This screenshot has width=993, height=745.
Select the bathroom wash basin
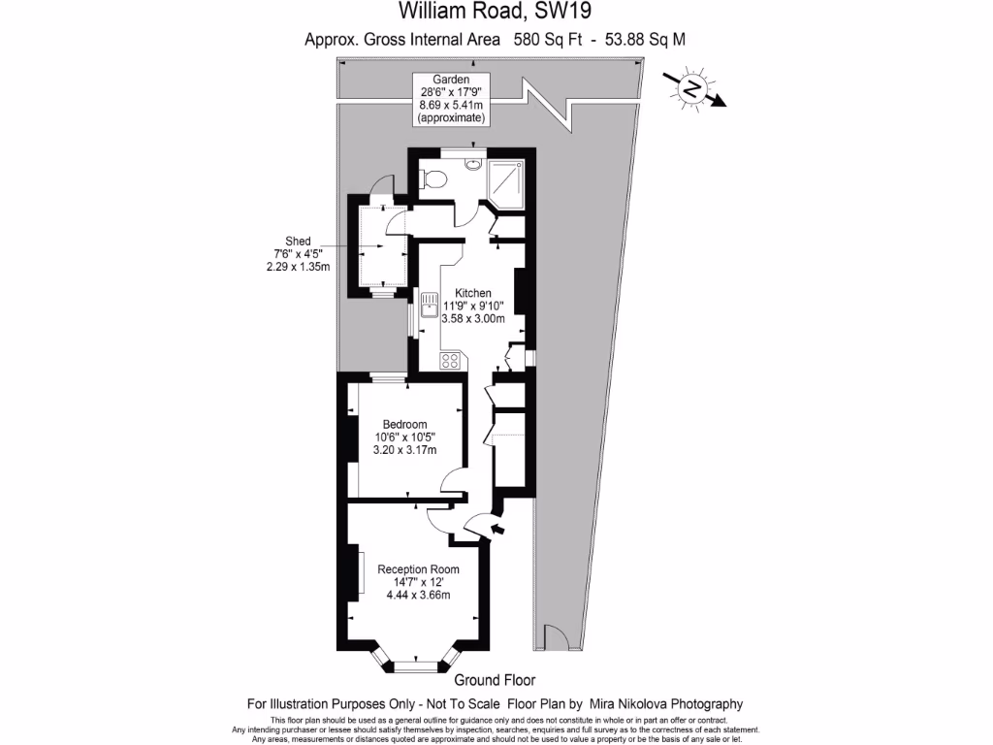point(472,163)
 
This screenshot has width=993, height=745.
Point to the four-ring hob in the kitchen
point(451,360)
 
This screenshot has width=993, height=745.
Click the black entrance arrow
point(499,529)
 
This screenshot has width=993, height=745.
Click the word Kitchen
point(474,293)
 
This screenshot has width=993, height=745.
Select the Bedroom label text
point(404,424)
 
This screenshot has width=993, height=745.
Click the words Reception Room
point(418,569)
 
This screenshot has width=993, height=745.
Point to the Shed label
point(297,242)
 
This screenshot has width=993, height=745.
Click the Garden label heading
point(451,79)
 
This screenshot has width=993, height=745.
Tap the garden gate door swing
point(556,637)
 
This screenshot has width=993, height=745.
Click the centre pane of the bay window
point(415,665)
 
